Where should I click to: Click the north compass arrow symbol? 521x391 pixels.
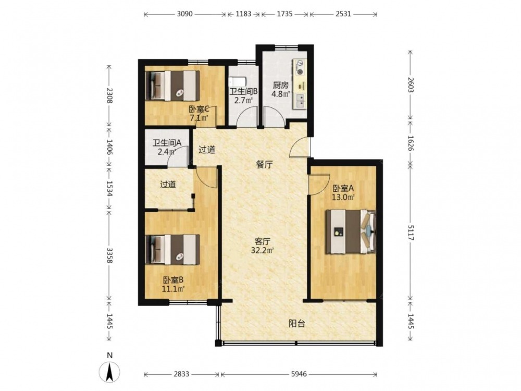click(x=109, y=371)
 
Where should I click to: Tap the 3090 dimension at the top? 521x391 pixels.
click(x=185, y=14)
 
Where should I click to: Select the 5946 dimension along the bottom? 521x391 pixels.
click(x=299, y=374)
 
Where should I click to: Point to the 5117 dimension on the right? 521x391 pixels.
click(x=411, y=232)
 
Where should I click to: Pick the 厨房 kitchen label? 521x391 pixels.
click(x=280, y=85)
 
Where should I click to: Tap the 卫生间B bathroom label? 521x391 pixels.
click(x=243, y=91)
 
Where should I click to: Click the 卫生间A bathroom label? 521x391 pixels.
click(x=167, y=143)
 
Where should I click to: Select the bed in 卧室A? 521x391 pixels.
click(x=351, y=231)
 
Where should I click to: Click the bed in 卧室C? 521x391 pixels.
click(x=172, y=85)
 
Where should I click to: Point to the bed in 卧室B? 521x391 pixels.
click(x=172, y=250)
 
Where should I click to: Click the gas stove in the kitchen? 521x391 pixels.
click(x=300, y=67)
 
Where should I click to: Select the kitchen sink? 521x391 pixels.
click(x=300, y=101)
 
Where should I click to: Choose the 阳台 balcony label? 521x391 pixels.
click(x=297, y=324)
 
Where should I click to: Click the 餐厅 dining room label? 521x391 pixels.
click(x=265, y=165)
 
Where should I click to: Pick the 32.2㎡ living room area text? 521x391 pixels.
click(x=263, y=250)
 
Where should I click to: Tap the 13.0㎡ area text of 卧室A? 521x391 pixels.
click(x=343, y=197)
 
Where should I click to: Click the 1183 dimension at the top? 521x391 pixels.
click(x=243, y=14)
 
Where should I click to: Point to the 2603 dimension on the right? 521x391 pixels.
click(x=411, y=85)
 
